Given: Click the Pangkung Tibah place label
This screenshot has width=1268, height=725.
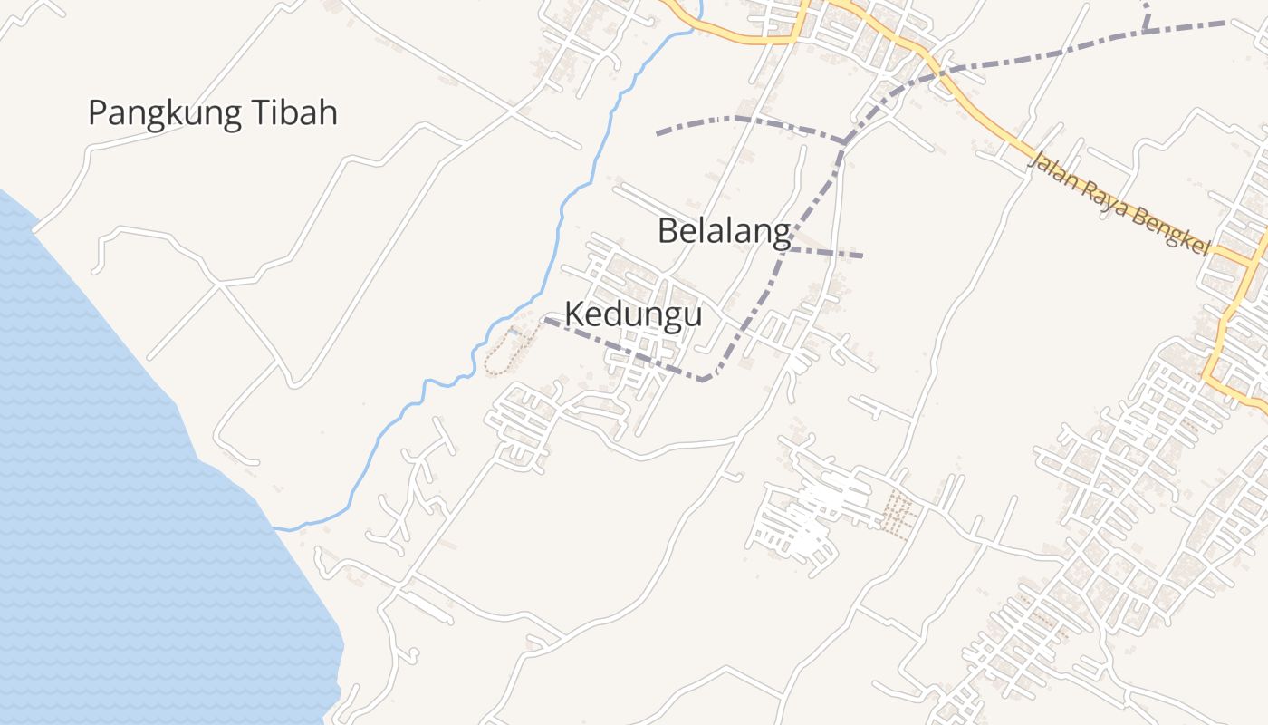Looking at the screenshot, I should tap(213, 113).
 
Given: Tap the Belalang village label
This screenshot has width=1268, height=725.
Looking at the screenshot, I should tap(724, 231).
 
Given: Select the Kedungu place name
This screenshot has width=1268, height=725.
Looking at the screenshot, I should tap(633, 314).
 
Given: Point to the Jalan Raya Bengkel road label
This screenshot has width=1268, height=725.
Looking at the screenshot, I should tap(1119, 204).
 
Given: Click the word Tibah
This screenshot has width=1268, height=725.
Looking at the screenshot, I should tap(293, 113).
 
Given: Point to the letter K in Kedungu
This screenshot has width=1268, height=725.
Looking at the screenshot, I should tap(573, 314).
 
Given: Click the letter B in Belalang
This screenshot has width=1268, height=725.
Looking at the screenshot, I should tap(668, 231).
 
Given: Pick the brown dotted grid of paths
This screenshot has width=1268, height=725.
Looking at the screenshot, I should tap(898, 514).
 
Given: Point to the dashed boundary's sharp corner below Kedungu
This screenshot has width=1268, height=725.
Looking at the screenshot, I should tap(704, 380).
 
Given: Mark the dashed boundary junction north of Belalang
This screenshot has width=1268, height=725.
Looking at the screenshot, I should tap(844, 141).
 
